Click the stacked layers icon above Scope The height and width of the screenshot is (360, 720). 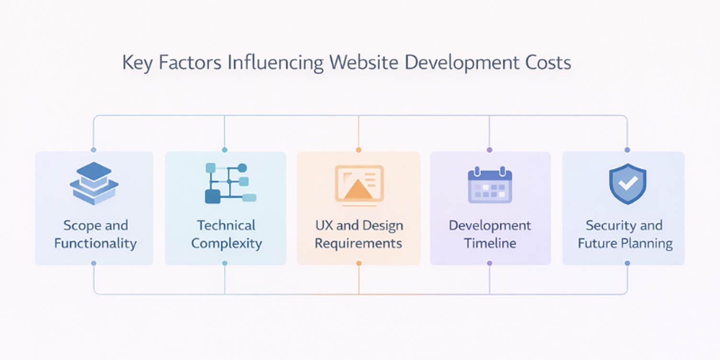pos(94,183)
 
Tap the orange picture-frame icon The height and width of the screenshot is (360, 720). pos(359,183)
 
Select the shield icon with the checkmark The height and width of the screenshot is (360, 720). pos(627,183)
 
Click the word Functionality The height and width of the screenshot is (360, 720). pos(95,243)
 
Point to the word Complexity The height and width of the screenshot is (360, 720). pos(226,243)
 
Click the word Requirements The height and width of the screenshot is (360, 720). pos(358,243)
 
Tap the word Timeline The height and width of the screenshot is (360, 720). pos(490,243)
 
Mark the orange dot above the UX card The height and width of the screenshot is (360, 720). pos(359,150)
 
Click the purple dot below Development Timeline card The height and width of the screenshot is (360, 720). pos(489,263)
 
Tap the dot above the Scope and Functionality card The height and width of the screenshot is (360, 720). pos(93,150)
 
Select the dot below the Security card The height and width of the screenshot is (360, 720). pos(627,263)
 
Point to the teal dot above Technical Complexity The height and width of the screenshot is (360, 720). pos(225,150)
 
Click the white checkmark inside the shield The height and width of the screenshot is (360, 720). pos(628,182)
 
